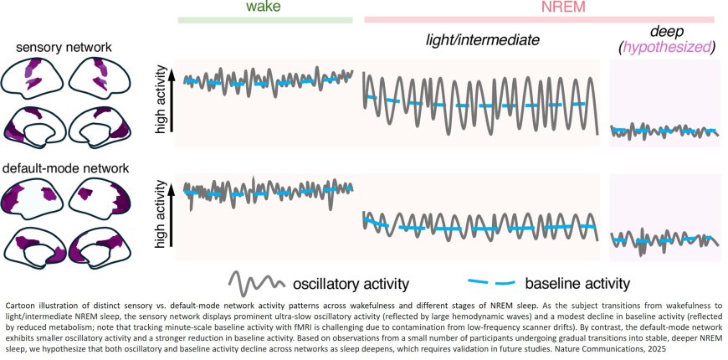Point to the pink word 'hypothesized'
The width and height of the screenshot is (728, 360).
click(x=666, y=47)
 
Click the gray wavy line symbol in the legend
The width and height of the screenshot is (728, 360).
click(x=254, y=282)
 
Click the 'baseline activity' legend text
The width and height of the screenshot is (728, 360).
click(x=577, y=283)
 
